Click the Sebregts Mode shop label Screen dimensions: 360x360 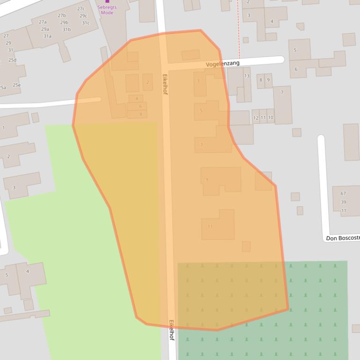coord(107,10)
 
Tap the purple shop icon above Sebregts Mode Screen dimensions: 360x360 coord(107,1)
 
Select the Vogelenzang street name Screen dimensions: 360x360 coord(222,64)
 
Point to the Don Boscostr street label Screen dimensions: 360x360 coord(343,238)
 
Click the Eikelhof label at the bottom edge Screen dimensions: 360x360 coord(171,330)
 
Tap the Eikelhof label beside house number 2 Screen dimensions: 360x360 coord(165,84)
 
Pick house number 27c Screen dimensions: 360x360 coord(81,9)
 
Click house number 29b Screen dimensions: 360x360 coord(64,22)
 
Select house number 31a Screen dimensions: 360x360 coord(47,36)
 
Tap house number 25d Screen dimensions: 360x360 coord(12,60)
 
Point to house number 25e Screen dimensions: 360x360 coord(16,85)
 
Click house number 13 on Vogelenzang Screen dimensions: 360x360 coord(246,76)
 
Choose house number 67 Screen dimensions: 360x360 coord(343,194)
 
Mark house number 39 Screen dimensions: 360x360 coord(344,202)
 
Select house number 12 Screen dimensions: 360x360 coord(256,118)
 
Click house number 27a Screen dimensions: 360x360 coord(43,22)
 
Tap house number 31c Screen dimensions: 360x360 coord(86,23)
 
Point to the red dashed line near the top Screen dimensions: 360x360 coord(239,28)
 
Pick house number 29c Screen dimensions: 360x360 coord(83,16)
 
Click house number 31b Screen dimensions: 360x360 coord(66,29)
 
